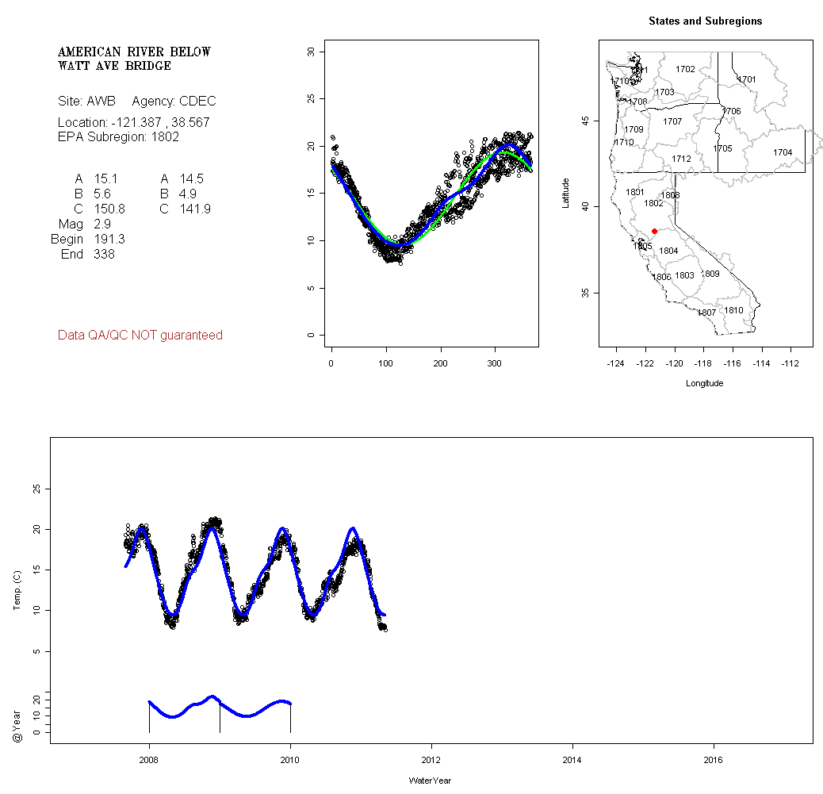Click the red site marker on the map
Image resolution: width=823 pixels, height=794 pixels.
pyautogui.click(x=654, y=231)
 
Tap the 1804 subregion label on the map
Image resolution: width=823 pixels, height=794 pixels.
pyautogui.click(x=668, y=251)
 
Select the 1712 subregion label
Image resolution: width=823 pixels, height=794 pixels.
pyautogui.click(x=681, y=159)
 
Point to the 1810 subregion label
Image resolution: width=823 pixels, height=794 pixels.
pyautogui.click(x=733, y=310)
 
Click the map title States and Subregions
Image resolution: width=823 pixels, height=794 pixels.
pyautogui.click(x=705, y=21)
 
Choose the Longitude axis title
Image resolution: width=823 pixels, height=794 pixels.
pyautogui.click(x=704, y=383)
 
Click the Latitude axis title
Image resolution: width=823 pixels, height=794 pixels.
pyautogui.click(x=566, y=193)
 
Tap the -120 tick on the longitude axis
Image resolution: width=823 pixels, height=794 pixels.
pyautogui.click(x=674, y=363)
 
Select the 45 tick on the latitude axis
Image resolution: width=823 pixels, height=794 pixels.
pyautogui.click(x=585, y=121)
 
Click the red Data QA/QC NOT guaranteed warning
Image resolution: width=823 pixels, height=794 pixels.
pyautogui.click(x=140, y=336)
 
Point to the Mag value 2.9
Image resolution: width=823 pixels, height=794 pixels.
pyautogui.click(x=103, y=224)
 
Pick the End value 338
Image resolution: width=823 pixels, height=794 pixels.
pyautogui.click(x=104, y=255)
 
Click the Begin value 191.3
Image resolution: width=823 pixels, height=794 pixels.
pyautogui.click(x=109, y=240)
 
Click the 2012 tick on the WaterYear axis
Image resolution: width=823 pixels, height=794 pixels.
pyautogui.click(x=431, y=760)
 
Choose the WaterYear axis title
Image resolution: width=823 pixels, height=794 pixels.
pyautogui.click(x=431, y=781)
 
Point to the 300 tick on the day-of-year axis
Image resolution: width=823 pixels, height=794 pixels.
pyautogui.click(x=496, y=363)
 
